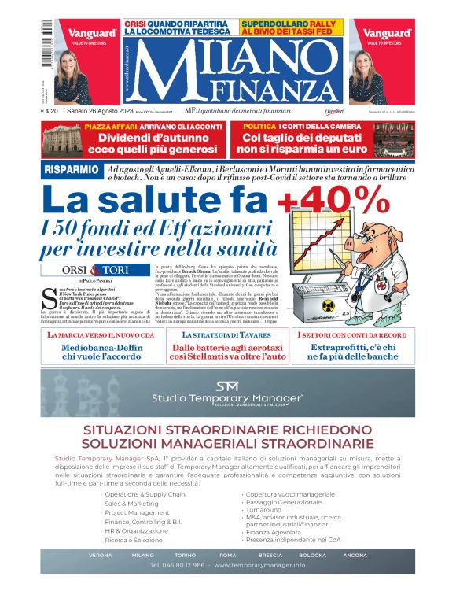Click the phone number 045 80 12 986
pos(179,565)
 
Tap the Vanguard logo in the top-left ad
pos(92,33)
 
